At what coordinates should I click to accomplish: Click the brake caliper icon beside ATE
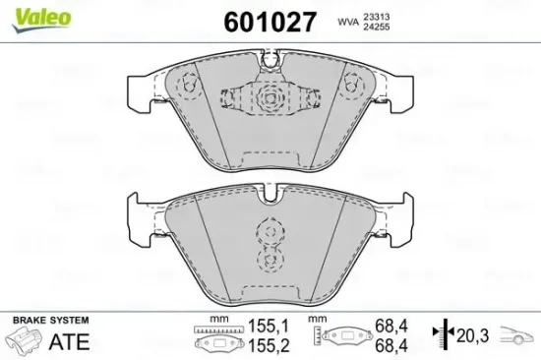[x=24, y=341]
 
